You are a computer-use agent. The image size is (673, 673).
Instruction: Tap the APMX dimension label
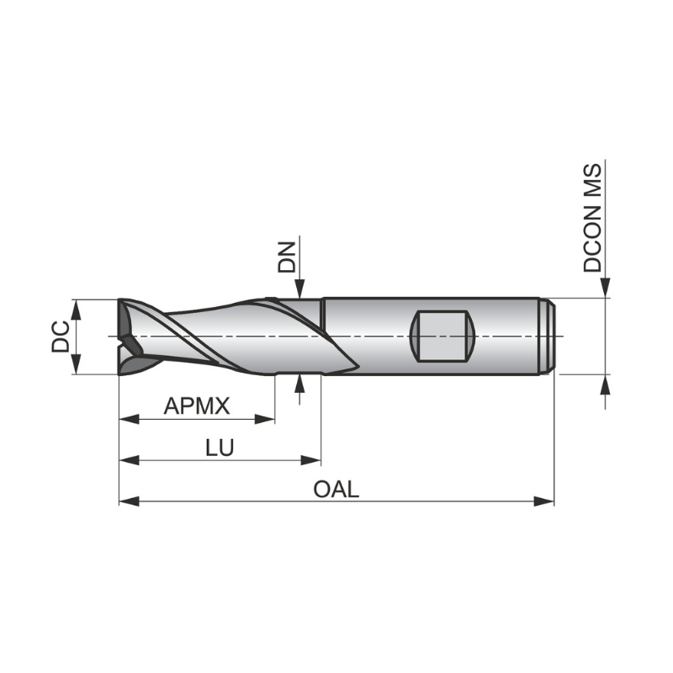point(197,406)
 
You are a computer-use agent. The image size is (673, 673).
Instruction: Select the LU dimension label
point(220,448)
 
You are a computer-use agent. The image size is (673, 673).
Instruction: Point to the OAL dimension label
point(336,489)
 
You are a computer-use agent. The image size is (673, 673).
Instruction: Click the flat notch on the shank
point(442,336)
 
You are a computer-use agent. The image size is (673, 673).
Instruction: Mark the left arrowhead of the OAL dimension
point(126,501)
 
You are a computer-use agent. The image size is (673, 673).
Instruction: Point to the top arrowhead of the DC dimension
point(77,305)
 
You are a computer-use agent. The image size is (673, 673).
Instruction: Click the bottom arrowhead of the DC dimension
point(77,367)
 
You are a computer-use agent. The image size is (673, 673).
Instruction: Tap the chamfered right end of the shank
point(548,336)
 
